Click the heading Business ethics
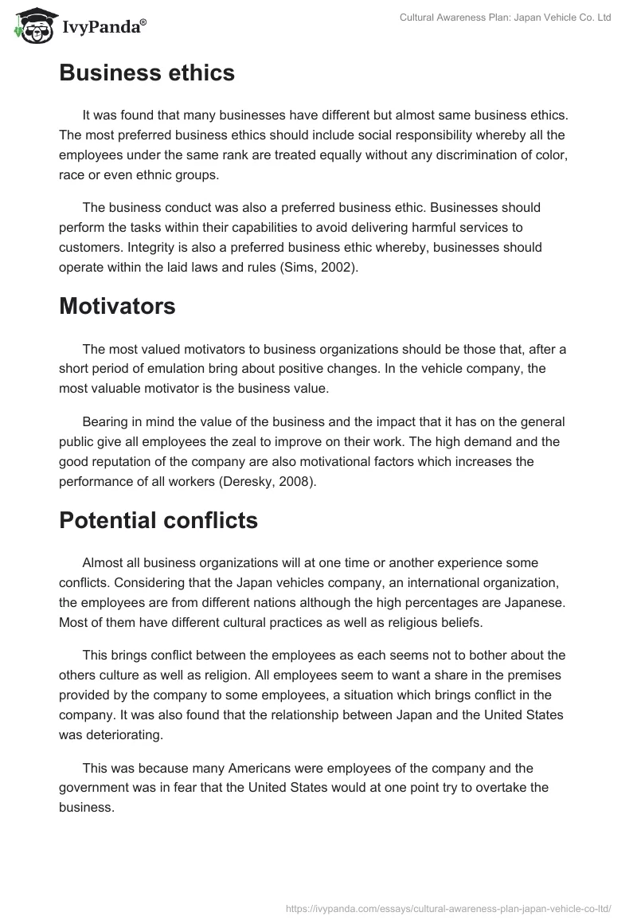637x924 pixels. pos(147,73)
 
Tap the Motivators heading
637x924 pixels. pos(117,307)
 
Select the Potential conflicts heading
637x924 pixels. pos(158,520)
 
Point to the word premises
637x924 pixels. pos(532,675)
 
